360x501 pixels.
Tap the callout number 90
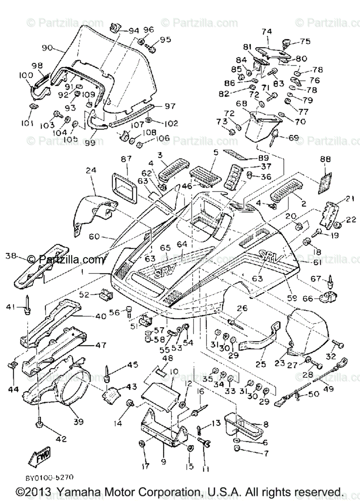(x=48, y=48)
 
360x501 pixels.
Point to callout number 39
(x=78, y=422)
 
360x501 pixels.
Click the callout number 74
(x=267, y=31)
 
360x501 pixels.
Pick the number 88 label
(x=325, y=159)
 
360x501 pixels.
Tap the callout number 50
(x=314, y=394)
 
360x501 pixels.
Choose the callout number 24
(x=91, y=170)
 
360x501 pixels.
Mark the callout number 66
(x=307, y=299)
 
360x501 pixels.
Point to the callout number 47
(x=101, y=345)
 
